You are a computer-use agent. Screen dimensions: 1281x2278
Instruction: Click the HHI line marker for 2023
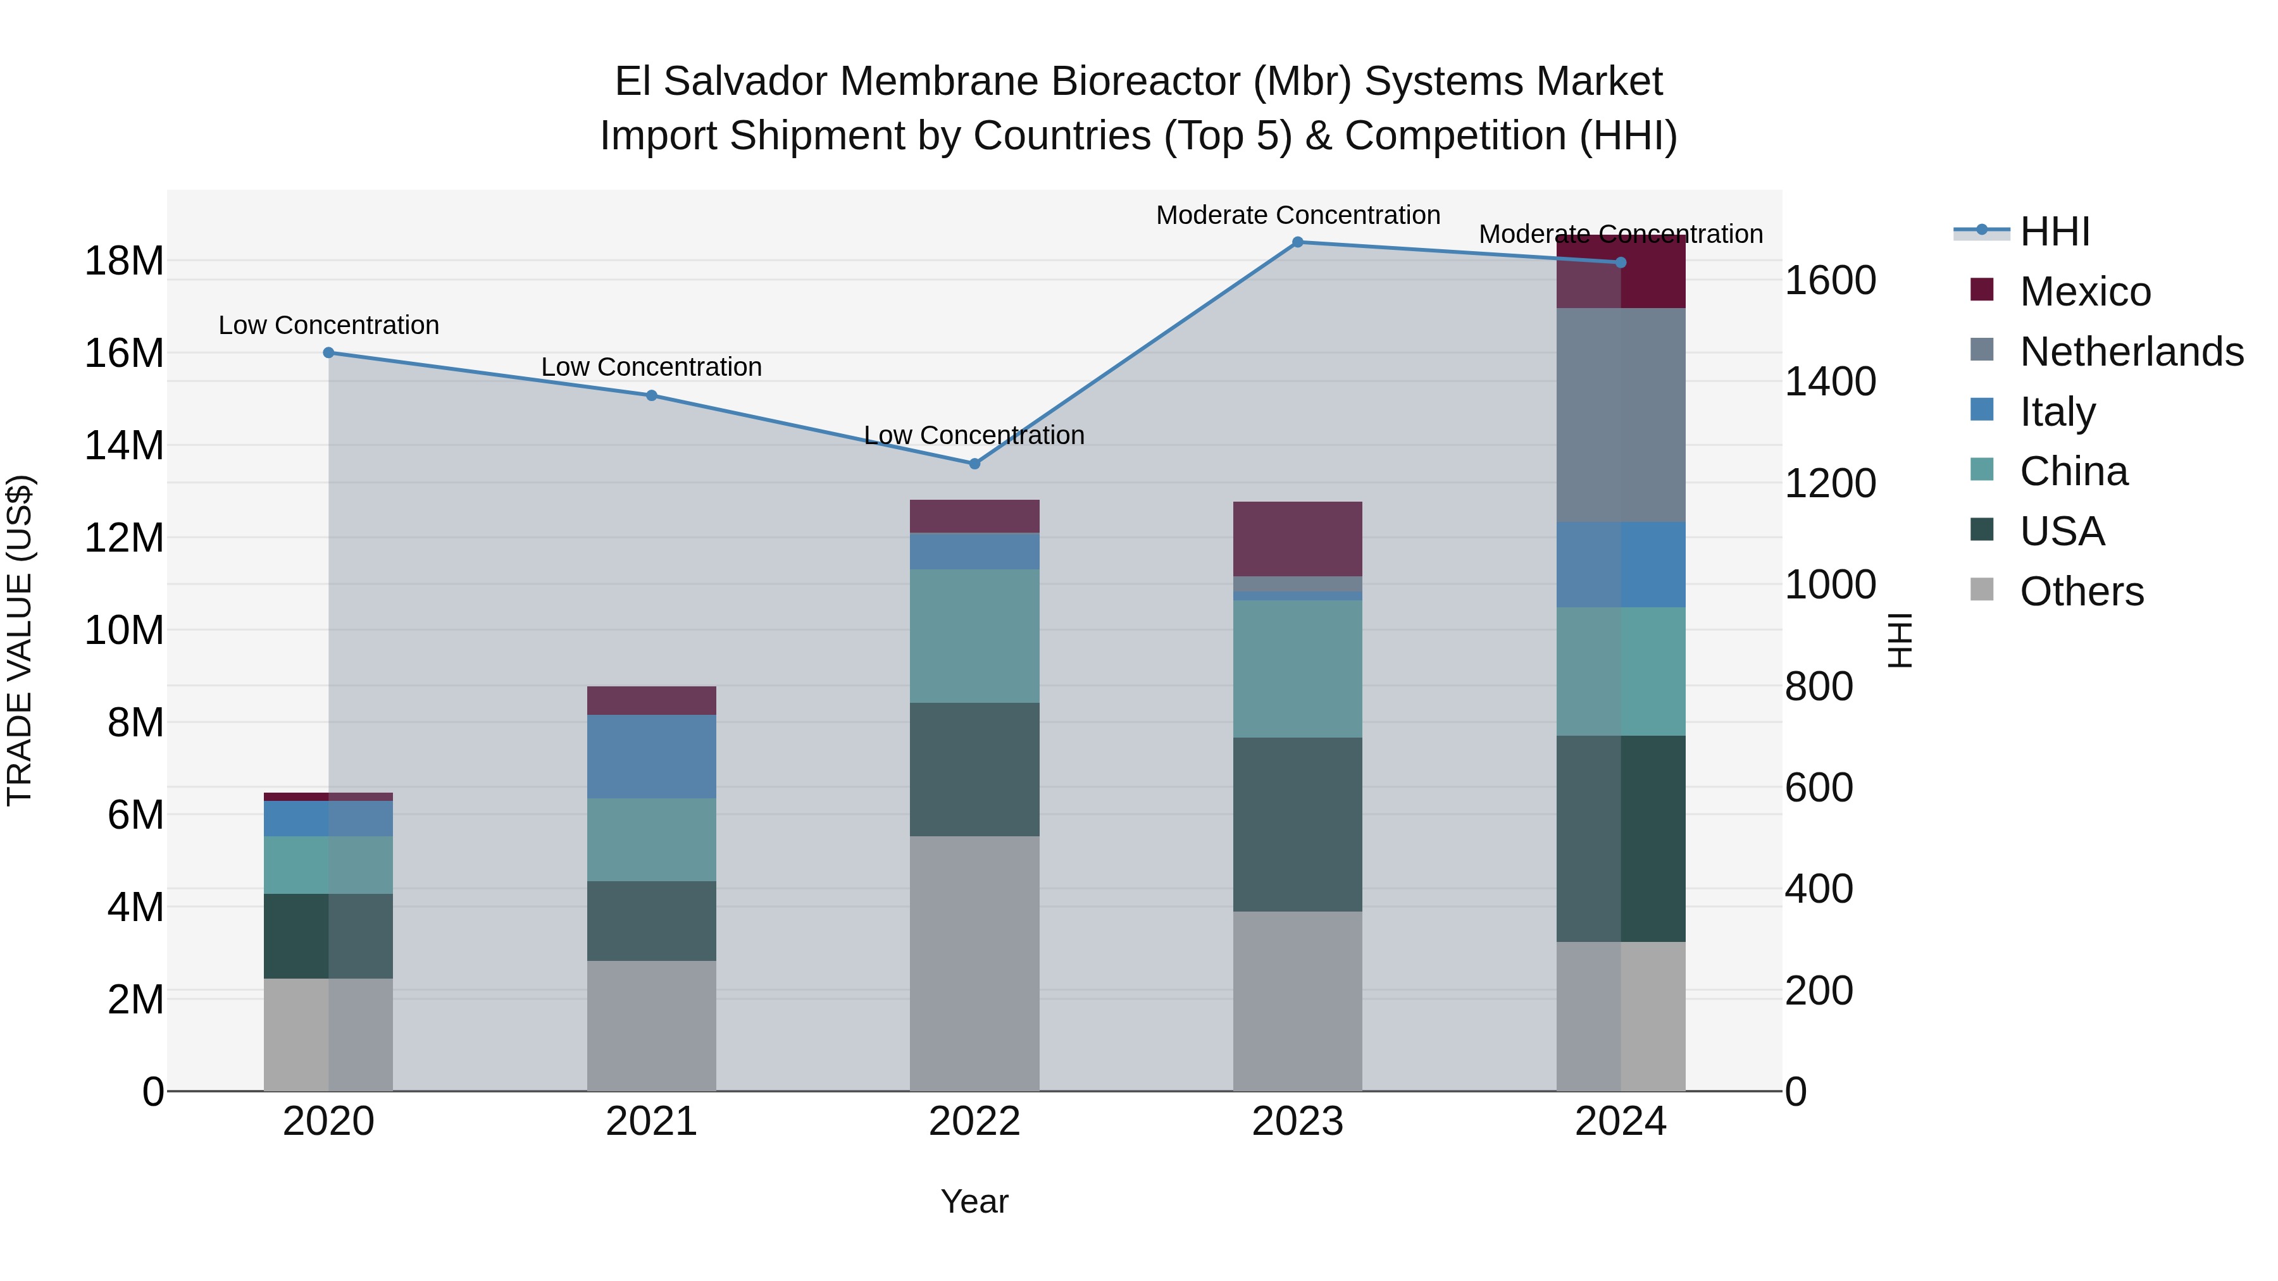click(x=1297, y=242)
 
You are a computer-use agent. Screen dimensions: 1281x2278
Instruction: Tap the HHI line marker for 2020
click(x=328, y=353)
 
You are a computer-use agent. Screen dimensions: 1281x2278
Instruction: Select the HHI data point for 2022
click(x=974, y=464)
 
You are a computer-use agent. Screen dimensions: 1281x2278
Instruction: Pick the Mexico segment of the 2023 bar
click(x=1297, y=539)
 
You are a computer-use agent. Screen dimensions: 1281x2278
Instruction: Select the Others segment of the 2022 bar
click(x=974, y=963)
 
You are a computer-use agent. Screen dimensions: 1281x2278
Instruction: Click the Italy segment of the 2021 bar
click(x=651, y=757)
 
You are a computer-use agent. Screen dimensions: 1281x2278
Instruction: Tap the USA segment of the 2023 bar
click(x=1297, y=825)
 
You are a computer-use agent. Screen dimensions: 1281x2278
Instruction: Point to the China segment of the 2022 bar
click(x=974, y=636)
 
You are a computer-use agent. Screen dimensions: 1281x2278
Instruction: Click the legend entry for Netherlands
click(x=2131, y=352)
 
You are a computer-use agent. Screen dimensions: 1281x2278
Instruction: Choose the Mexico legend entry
click(x=2085, y=292)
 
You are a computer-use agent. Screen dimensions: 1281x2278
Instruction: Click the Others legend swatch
click(x=1982, y=590)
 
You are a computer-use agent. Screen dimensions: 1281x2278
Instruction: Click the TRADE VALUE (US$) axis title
click(x=20, y=640)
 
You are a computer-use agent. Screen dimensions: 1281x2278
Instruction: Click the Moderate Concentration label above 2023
click(x=1297, y=215)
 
